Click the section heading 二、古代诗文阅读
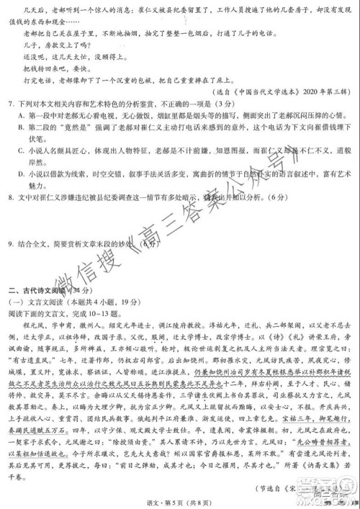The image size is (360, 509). pyautogui.click(x=37, y=290)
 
